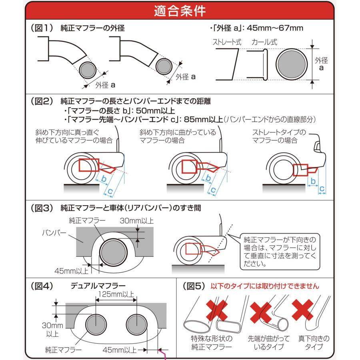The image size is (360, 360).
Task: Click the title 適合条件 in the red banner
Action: coord(180,11)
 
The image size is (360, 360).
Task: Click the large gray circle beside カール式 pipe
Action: coord(292,64)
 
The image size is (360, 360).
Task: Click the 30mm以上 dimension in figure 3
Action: coord(137,220)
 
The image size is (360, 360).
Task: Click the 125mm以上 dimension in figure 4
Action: coord(116,294)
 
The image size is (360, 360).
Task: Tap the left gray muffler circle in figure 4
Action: coord(96,324)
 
